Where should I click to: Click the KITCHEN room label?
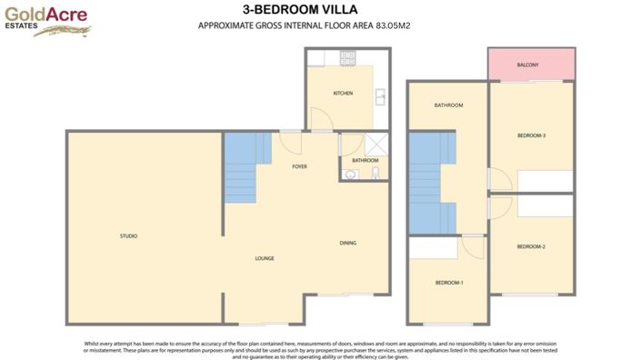(x=343, y=94)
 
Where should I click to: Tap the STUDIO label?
(x=128, y=236)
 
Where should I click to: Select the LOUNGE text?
(x=265, y=258)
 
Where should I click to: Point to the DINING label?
(x=348, y=243)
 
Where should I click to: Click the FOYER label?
(x=298, y=167)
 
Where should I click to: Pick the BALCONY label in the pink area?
(x=528, y=65)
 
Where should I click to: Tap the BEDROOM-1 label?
(x=449, y=283)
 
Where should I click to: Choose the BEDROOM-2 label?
(x=531, y=247)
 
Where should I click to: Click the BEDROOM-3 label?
(x=531, y=135)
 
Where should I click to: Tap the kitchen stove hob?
(x=347, y=57)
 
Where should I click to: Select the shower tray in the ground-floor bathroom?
(x=376, y=144)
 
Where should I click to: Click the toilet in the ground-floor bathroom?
(x=376, y=174)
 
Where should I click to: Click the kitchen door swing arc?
(x=320, y=119)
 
